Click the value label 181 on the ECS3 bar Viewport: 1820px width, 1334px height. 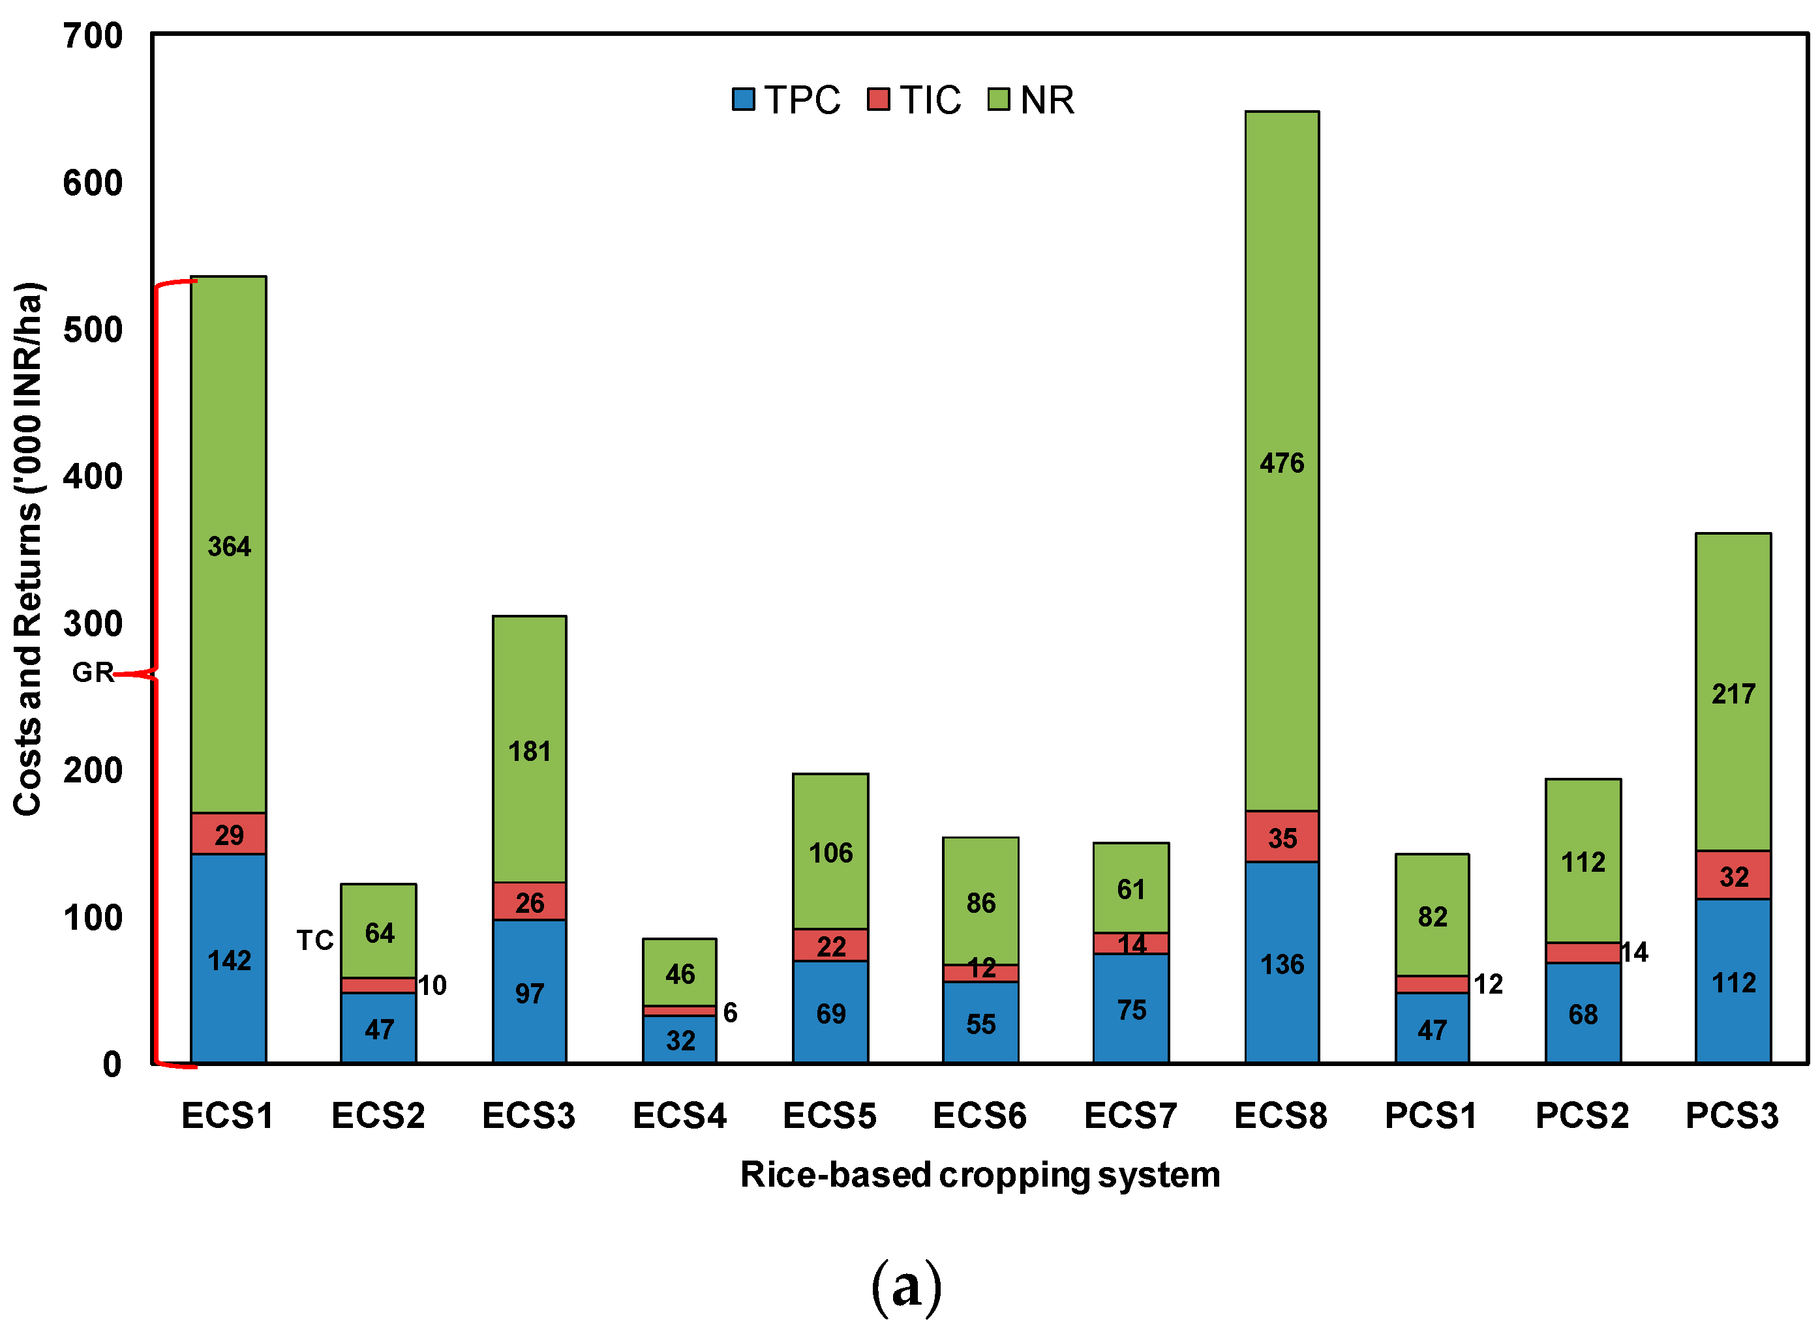pyautogui.click(x=529, y=752)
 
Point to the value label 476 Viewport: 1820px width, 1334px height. pyautogui.click(x=1281, y=463)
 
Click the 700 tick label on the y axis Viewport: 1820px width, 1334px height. pyautogui.click(x=93, y=37)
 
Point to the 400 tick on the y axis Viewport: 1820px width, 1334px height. pyautogui.click(x=93, y=477)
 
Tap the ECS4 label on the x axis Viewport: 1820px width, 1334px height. pyautogui.click(x=679, y=1116)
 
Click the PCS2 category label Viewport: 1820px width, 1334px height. pyautogui.click(x=1582, y=1116)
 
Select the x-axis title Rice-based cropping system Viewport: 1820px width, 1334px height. pyautogui.click(x=979, y=1175)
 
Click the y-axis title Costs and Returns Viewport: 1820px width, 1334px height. pyautogui.click(x=28, y=549)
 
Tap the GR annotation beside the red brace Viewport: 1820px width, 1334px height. pyautogui.click(x=92, y=672)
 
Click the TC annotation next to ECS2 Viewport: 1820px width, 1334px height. pyautogui.click(x=314, y=940)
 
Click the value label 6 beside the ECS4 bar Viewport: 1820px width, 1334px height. pyautogui.click(x=729, y=1013)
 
